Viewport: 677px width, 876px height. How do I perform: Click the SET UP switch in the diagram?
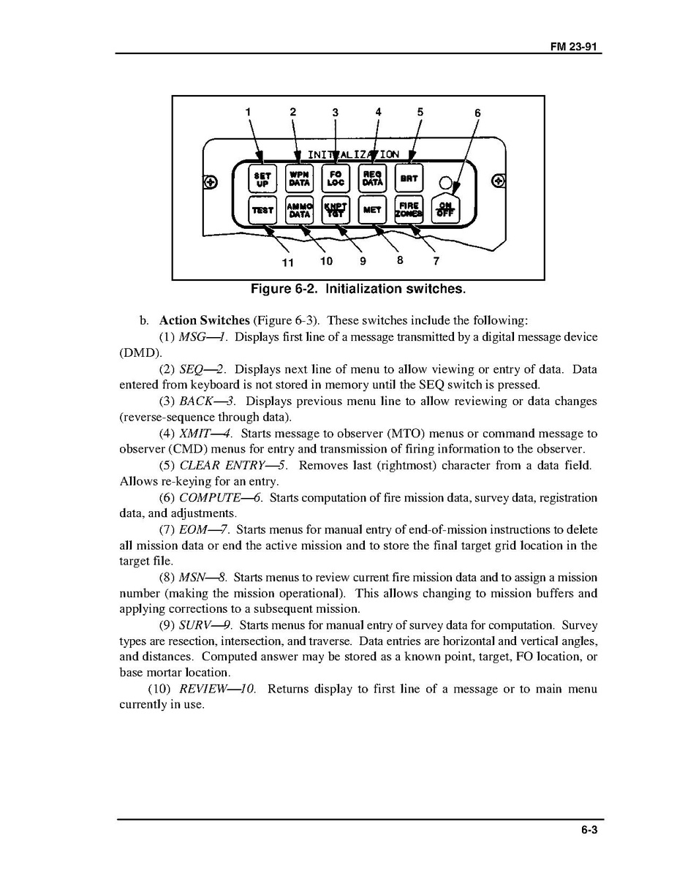coord(262,179)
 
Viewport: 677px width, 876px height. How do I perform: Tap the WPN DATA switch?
coord(298,179)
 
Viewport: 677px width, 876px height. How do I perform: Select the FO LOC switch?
coord(336,179)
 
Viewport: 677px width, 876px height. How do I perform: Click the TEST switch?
coord(262,211)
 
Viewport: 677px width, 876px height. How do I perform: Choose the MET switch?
coord(372,211)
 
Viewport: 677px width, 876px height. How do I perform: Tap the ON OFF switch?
coord(445,211)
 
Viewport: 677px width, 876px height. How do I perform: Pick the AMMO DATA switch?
coord(298,211)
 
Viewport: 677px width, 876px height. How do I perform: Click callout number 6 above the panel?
coord(477,113)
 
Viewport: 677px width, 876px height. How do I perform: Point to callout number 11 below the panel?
coord(287,262)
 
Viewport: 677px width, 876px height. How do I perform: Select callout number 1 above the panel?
coord(248,112)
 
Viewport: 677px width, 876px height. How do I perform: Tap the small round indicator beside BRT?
coord(445,183)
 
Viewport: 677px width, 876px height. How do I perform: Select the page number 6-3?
coord(590,830)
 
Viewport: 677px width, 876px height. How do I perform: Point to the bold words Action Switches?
coord(205,321)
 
